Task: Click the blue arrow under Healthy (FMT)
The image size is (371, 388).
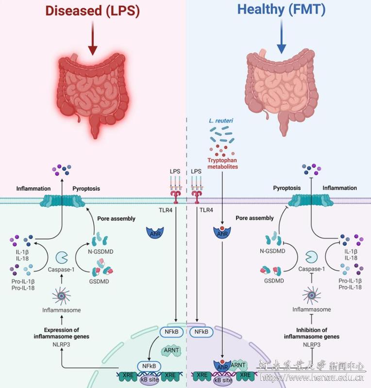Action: click(281, 41)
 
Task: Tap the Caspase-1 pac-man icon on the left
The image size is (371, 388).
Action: click(62, 256)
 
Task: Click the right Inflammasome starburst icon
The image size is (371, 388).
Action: click(312, 294)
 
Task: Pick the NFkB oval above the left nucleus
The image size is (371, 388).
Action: click(171, 332)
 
